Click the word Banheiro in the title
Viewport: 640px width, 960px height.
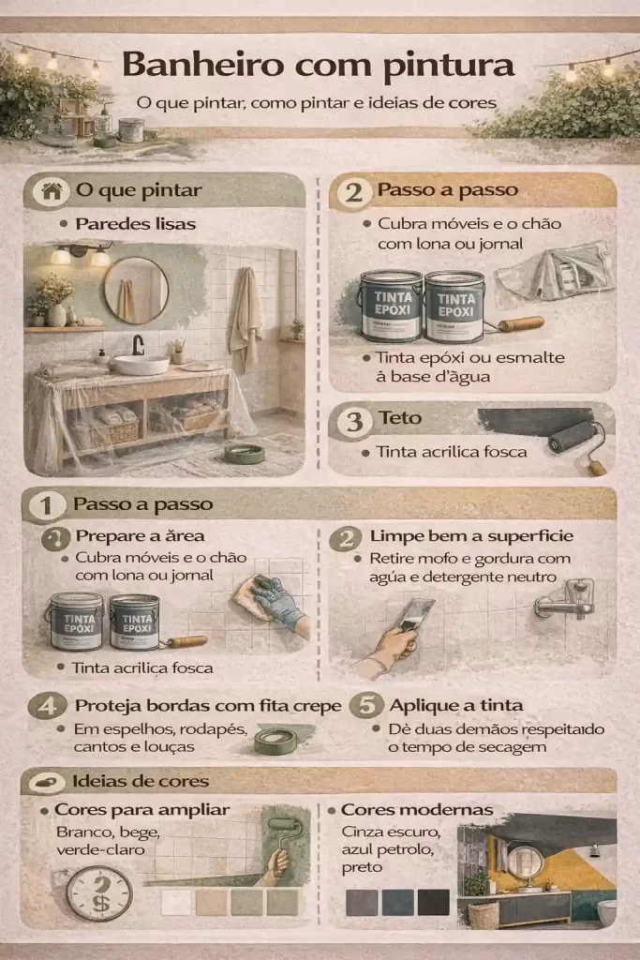[202, 65]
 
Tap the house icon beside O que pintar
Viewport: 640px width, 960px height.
[52, 191]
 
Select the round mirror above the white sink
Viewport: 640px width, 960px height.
[135, 291]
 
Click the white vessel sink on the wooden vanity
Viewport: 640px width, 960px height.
[141, 365]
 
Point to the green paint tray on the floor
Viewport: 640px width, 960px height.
[245, 453]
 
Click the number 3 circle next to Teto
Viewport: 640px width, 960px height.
[354, 421]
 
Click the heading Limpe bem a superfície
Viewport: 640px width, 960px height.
[471, 535]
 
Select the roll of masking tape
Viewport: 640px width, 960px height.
[275, 741]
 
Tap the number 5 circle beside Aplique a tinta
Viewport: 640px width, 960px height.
[366, 705]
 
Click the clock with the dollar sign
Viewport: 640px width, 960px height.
[99, 893]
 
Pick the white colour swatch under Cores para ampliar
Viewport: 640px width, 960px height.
[175, 903]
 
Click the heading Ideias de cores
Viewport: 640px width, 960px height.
[141, 781]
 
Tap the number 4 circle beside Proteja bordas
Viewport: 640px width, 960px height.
[48, 706]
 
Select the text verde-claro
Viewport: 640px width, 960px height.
[100, 849]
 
